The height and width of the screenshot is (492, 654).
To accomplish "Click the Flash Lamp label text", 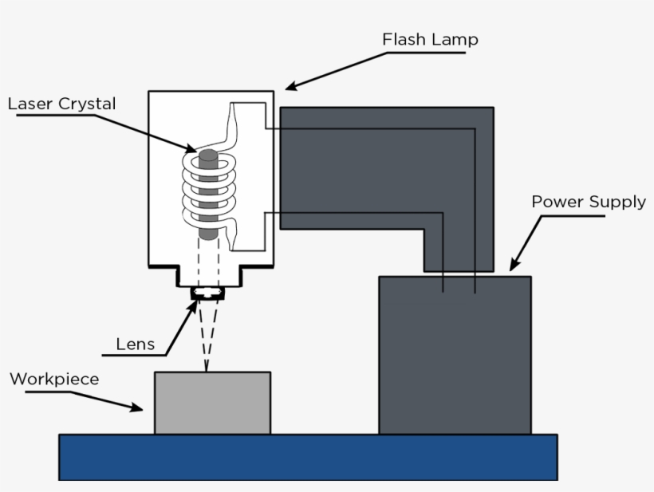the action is (430, 39).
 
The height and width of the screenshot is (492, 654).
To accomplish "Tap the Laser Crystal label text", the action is (61, 104).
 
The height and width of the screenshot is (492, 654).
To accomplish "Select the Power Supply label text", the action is (589, 202).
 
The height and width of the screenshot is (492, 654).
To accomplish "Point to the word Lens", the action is (135, 344).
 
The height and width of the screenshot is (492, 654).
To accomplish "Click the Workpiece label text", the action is (55, 379).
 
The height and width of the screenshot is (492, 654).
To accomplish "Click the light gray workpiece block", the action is (213, 403).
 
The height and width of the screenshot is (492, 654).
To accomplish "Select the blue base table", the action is (308, 458).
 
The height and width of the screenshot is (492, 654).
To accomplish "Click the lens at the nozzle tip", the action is (207, 293).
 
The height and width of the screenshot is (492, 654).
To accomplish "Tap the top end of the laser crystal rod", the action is (208, 152).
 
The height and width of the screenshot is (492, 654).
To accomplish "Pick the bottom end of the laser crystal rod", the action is (208, 237).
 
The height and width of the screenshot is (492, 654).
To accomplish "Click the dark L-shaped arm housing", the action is (387, 167).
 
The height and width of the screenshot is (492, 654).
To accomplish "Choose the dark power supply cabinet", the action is (455, 355).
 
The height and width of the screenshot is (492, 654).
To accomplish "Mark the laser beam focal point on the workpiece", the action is (206, 371).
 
